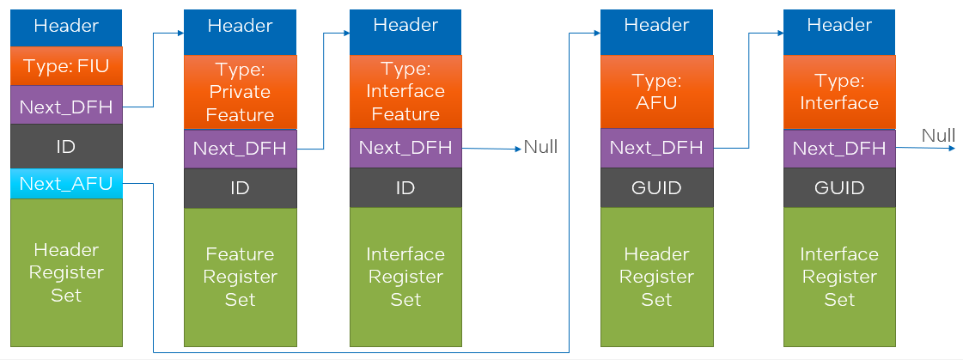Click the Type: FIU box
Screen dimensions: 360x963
tap(66, 65)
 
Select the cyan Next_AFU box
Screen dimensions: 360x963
tap(66, 183)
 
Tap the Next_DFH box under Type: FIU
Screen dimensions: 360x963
tap(66, 107)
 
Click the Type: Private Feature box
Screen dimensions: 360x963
tap(240, 91)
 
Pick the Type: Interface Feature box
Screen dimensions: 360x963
tap(405, 91)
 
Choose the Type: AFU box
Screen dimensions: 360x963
tap(656, 91)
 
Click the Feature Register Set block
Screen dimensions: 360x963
tap(240, 277)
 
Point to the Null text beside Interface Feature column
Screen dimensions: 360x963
tap(540, 148)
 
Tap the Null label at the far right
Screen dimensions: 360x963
tap(938, 136)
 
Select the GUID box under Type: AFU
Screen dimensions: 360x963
tap(656, 187)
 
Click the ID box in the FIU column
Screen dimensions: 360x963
tap(66, 146)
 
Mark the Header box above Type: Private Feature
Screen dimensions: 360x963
tap(240, 26)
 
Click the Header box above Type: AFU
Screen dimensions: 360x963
tap(656, 26)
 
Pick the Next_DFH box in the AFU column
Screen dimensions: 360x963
tap(656, 148)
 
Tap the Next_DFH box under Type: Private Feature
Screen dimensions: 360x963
tap(240, 148)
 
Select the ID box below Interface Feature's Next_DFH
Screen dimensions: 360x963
tap(405, 187)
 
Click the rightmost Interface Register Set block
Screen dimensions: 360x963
tap(839, 277)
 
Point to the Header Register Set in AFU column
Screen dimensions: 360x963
tap(656, 277)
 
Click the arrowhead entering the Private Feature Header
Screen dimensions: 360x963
tap(180, 33)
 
